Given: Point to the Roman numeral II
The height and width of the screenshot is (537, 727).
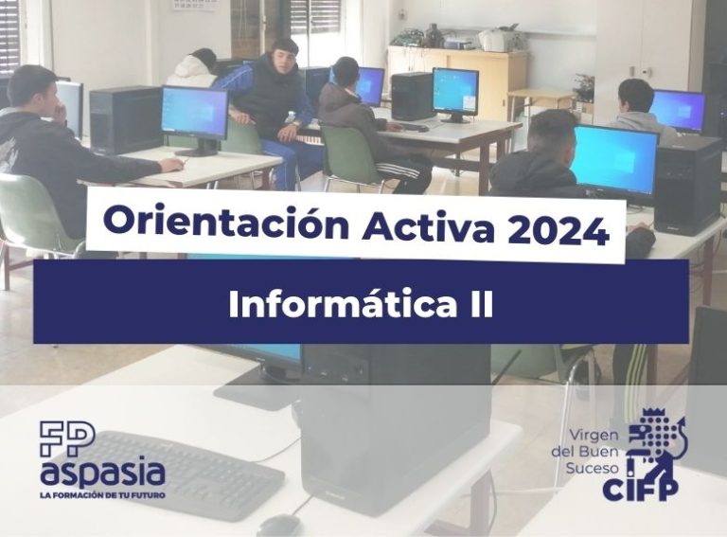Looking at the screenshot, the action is pyautogui.click(x=481, y=305).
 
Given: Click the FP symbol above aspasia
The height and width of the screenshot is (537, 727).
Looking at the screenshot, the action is pyautogui.click(x=67, y=439).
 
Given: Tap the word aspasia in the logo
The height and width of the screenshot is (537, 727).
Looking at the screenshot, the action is pyautogui.click(x=103, y=473).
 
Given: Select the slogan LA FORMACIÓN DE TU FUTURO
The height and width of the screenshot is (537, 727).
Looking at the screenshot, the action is pyautogui.click(x=103, y=495).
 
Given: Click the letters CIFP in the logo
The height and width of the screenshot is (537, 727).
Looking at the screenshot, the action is pyautogui.click(x=640, y=489).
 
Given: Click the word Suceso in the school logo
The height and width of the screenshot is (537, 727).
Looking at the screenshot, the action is pyautogui.click(x=592, y=468).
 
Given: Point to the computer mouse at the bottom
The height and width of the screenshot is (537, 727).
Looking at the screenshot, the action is pyautogui.click(x=279, y=526).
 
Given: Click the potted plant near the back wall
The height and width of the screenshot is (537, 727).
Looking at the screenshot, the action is pyautogui.click(x=584, y=87).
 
